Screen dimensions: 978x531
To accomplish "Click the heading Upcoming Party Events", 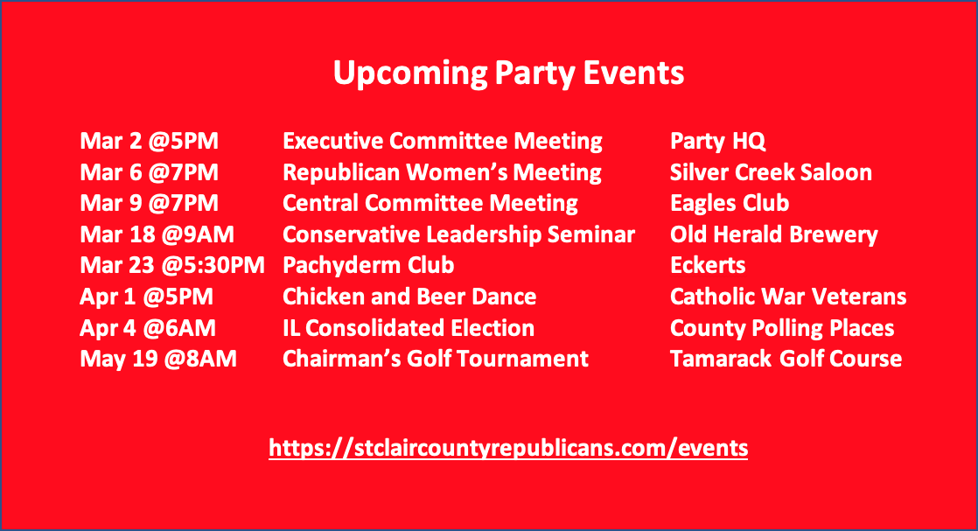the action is click(508, 73).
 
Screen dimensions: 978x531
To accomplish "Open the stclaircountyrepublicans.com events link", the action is click(508, 448).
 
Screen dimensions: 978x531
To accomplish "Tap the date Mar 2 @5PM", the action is click(149, 141).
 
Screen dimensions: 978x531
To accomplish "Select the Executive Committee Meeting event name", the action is click(443, 142).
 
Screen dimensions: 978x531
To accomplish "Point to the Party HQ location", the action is click(717, 142).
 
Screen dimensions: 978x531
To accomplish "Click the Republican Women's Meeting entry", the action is click(442, 173).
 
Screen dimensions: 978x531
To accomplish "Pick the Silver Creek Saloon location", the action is click(771, 172).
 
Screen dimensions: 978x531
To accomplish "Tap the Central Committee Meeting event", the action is click(430, 204).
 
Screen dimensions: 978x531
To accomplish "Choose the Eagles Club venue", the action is click(730, 204).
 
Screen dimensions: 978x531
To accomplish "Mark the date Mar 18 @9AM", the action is click(157, 234).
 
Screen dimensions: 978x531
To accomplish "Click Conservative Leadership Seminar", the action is click(458, 234).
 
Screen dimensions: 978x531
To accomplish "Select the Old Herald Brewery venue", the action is click(773, 235).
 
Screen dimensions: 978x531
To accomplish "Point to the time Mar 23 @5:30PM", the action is click(172, 265).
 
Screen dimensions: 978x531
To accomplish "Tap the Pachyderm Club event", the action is click(368, 266).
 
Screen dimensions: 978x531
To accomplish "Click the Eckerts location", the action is click(708, 265).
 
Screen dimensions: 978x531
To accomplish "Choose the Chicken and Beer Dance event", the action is click(409, 297).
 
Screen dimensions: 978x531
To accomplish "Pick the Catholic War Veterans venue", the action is click(788, 297).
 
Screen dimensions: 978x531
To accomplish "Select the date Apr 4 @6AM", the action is click(148, 328).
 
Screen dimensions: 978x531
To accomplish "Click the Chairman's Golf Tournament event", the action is click(436, 359).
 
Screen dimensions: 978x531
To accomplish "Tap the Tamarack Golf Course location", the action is click(786, 359).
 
